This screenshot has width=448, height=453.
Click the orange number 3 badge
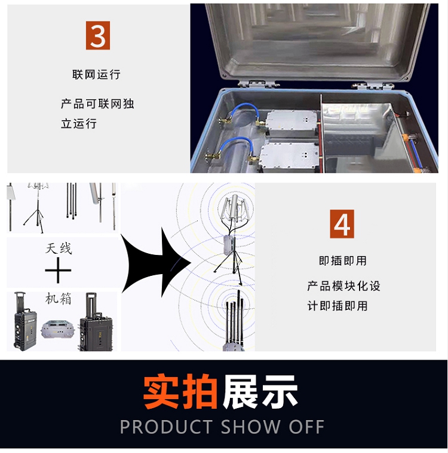click(x=98, y=35)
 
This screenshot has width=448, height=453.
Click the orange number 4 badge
click(x=342, y=224)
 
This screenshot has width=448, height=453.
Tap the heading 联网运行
click(x=96, y=75)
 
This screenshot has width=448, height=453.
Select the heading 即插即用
click(x=343, y=260)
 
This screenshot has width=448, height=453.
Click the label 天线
click(x=59, y=248)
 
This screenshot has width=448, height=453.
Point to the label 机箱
click(x=58, y=299)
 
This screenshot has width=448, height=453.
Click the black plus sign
click(x=58, y=270)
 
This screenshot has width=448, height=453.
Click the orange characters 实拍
click(x=180, y=391)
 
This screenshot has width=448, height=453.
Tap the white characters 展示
click(x=260, y=391)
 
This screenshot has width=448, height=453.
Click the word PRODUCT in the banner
click(x=166, y=427)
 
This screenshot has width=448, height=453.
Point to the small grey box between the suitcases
click(x=58, y=329)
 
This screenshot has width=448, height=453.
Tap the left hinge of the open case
click(x=258, y=84)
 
